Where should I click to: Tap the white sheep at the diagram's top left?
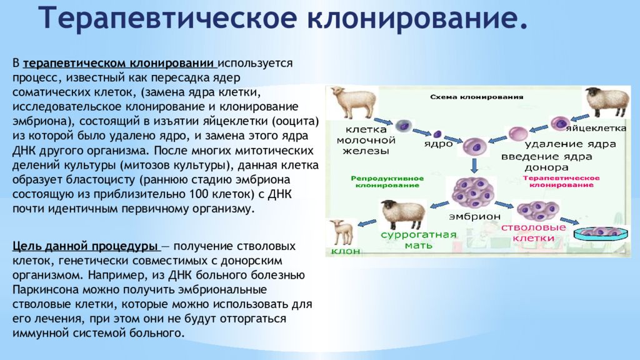click(x=354, y=102)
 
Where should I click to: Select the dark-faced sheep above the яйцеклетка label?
click(x=606, y=102)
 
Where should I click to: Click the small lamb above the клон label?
click(x=342, y=232)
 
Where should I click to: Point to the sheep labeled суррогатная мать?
click(x=402, y=214)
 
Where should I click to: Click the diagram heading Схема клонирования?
click(x=476, y=97)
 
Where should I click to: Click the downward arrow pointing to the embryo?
click(x=474, y=165)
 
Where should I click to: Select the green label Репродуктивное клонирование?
click(x=387, y=182)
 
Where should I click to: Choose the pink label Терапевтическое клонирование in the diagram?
click(x=561, y=182)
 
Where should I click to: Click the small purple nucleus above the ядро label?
click(x=437, y=134)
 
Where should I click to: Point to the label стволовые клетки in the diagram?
click(x=534, y=232)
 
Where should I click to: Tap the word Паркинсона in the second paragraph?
click(x=46, y=290)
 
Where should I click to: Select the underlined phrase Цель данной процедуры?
click(x=85, y=246)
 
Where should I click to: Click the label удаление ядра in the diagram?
click(x=570, y=144)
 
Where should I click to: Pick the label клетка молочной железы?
click(x=366, y=140)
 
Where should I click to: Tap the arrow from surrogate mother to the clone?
click(x=367, y=223)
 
